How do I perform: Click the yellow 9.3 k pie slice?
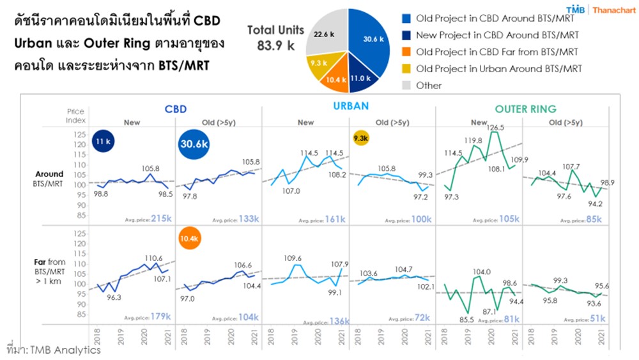pyautogui.click(x=318, y=64)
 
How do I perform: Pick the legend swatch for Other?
pyautogui.click(x=406, y=85)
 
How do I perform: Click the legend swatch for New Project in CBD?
pyautogui.click(x=406, y=35)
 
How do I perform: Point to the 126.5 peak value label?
pyautogui.click(x=494, y=127)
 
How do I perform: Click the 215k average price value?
pyautogui.click(x=161, y=218)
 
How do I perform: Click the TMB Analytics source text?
pyautogui.click(x=58, y=350)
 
